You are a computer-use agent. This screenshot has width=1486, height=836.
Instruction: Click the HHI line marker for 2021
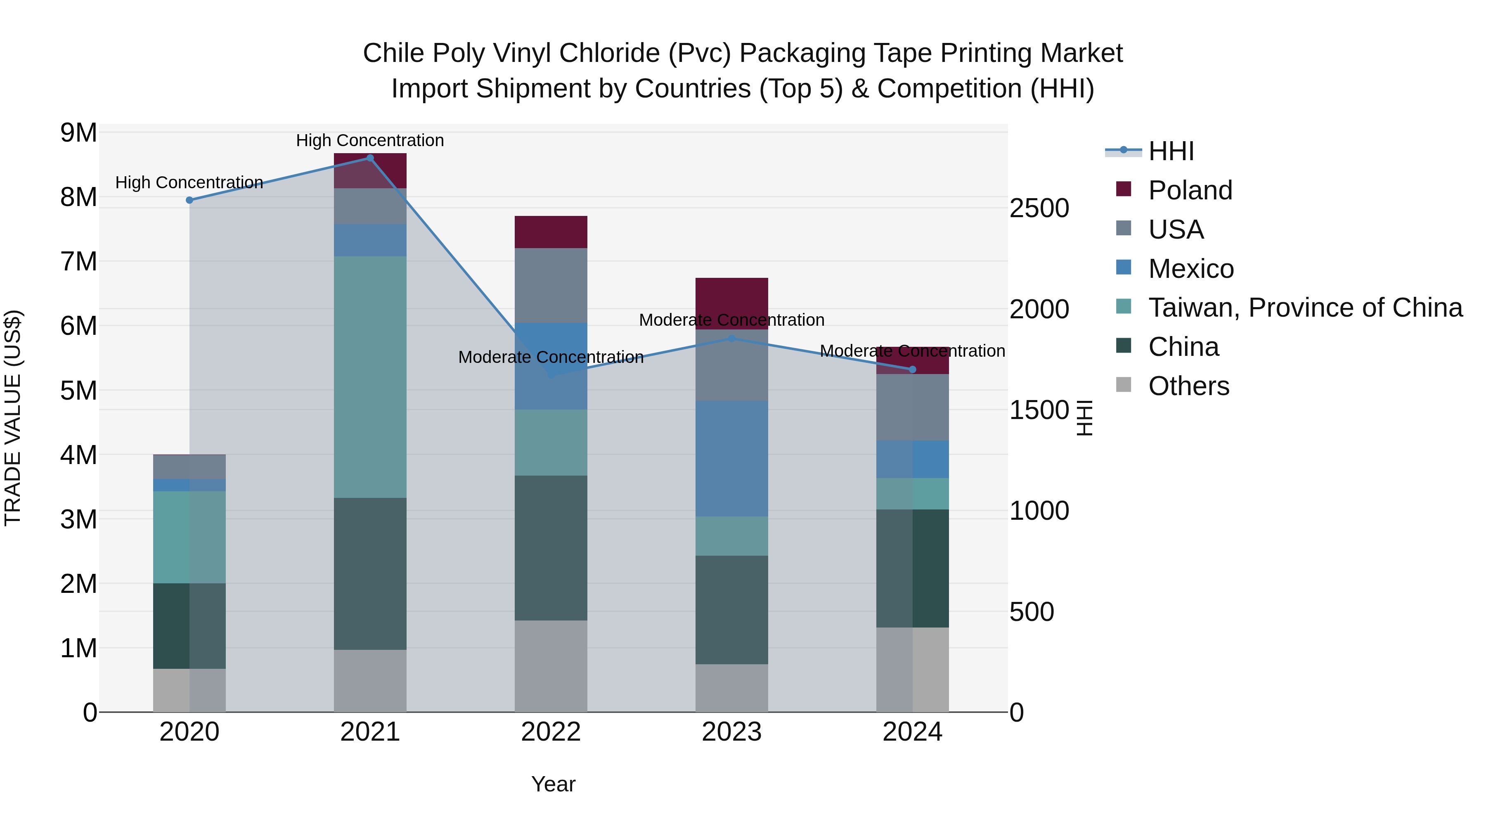click(x=370, y=158)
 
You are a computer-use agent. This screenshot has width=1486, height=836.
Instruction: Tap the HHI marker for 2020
click(x=189, y=200)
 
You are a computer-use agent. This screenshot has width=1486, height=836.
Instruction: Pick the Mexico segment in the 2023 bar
click(x=731, y=459)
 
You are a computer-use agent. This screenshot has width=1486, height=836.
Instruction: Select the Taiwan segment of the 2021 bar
click(x=370, y=377)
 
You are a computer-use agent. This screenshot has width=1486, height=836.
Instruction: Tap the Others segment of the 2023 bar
click(x=731, y=688)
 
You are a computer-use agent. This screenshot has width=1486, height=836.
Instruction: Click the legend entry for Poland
click(x=1190, y=190)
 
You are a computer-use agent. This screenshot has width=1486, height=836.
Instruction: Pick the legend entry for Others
click(x=1188, y=386)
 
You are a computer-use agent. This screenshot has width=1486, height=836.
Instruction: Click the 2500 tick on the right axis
click(x=1039, y=208)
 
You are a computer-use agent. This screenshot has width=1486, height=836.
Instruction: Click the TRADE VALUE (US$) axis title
click(x=13, y=418)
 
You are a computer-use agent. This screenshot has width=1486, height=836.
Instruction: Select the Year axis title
click(x=553, y=784)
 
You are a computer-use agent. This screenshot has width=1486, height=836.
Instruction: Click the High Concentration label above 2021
click(x=370, y=140)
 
